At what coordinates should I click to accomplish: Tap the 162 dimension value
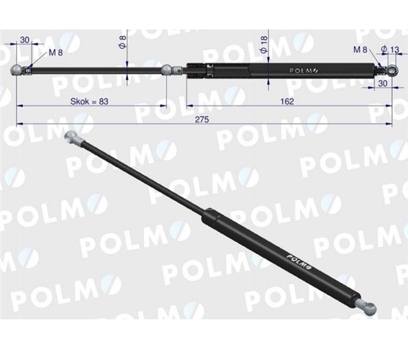point(287,102)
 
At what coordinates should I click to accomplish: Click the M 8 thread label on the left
point(55,53)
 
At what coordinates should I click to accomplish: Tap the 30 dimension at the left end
point(25,41)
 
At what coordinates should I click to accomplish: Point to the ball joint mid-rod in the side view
point(167,70)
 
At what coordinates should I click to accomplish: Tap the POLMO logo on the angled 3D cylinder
point(299,261)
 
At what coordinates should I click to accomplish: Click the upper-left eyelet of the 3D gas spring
point(72,138)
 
